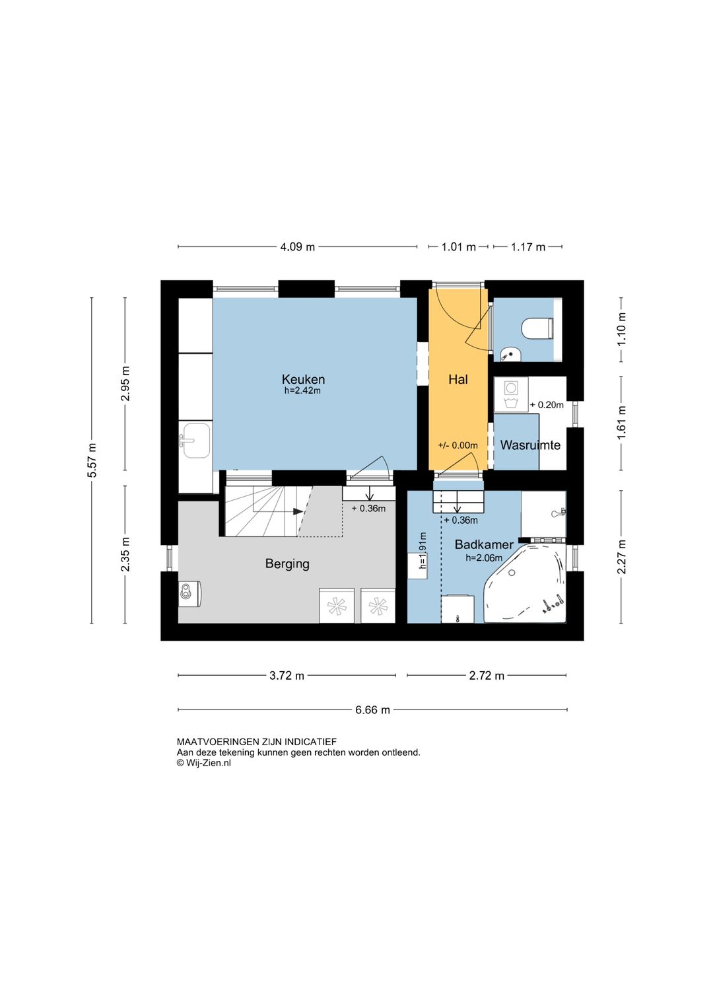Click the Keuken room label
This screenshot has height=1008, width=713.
click(x=303, y=379)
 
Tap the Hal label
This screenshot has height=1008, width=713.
click(x=458, y=379)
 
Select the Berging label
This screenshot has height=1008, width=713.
click(x=287, y=564)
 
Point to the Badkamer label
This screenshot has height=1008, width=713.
click(x=483, y=544)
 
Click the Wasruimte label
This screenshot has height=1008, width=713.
click(x=530, y=445)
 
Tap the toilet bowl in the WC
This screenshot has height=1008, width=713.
click(x=537, y=328)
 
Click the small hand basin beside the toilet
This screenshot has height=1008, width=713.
click(x=510, y=355)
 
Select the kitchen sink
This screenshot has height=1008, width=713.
click(x=195, y=440)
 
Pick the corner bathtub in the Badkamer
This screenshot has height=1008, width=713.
click(x=526, y=583)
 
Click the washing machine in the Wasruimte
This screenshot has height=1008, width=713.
click(x=511, y=394)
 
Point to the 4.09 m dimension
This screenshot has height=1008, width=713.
click(x=297, y=247)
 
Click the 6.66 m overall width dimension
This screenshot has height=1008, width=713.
click(x=372, y=710)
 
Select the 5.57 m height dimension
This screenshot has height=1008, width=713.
click(x=92, y=460)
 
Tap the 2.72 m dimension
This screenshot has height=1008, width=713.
click(x=487, y=676)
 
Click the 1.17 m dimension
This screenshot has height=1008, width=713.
click(x=527, y=247)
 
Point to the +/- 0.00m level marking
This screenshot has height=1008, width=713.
click(x=458, y=445)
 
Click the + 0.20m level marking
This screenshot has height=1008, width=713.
click(x=547, y=404)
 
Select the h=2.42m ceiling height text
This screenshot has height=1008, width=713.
click(x=302, y=390)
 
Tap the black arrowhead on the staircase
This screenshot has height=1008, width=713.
click(x=298, y=512)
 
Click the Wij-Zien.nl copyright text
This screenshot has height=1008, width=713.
click(x=204, y=763)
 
